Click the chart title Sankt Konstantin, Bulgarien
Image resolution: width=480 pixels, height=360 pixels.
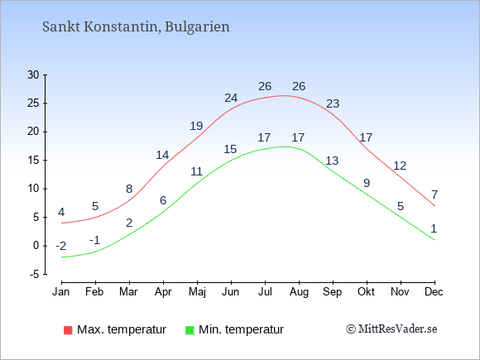click(136, 27)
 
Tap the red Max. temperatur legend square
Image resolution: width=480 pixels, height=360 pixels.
click(68, 330)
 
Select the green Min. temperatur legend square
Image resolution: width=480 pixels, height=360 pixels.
click(190, 330)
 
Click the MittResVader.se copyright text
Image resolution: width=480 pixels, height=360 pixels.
click(391, 329)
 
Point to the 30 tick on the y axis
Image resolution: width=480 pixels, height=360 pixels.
click(33, 74)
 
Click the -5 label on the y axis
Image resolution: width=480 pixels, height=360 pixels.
click(34, 274)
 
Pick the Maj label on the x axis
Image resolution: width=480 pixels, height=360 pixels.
click(197, 292)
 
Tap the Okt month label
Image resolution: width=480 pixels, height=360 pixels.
click(366, 291)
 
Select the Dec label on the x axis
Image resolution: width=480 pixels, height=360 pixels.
click(434, 291)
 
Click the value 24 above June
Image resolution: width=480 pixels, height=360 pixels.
click(231, 98)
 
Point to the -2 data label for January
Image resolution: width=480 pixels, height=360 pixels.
click(61, 246)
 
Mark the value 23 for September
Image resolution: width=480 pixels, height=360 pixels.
click(333, 103)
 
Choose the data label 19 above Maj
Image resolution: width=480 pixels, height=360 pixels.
click(196, 126)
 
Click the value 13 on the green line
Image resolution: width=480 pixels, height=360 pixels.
click(332, 161)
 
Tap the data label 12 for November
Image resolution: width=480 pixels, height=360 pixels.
click(400, 166)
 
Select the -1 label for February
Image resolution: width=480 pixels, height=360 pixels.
click(95, 240)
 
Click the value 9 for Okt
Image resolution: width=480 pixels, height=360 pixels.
click(367, 183)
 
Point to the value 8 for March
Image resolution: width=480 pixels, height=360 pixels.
click(129, 189)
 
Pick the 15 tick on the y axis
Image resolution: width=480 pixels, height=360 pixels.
click(33, 160)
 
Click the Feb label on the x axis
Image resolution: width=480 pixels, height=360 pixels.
click(94, 291)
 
